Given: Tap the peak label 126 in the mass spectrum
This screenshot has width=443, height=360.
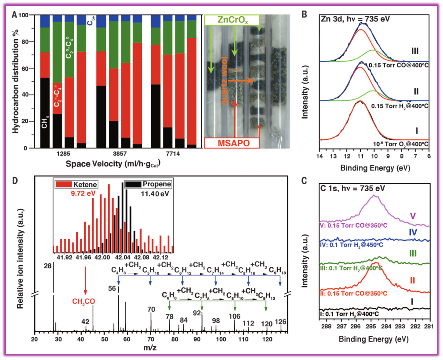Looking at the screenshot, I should [x=280, y=322].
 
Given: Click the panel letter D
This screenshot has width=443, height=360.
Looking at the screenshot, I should [x=15, y=181].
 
